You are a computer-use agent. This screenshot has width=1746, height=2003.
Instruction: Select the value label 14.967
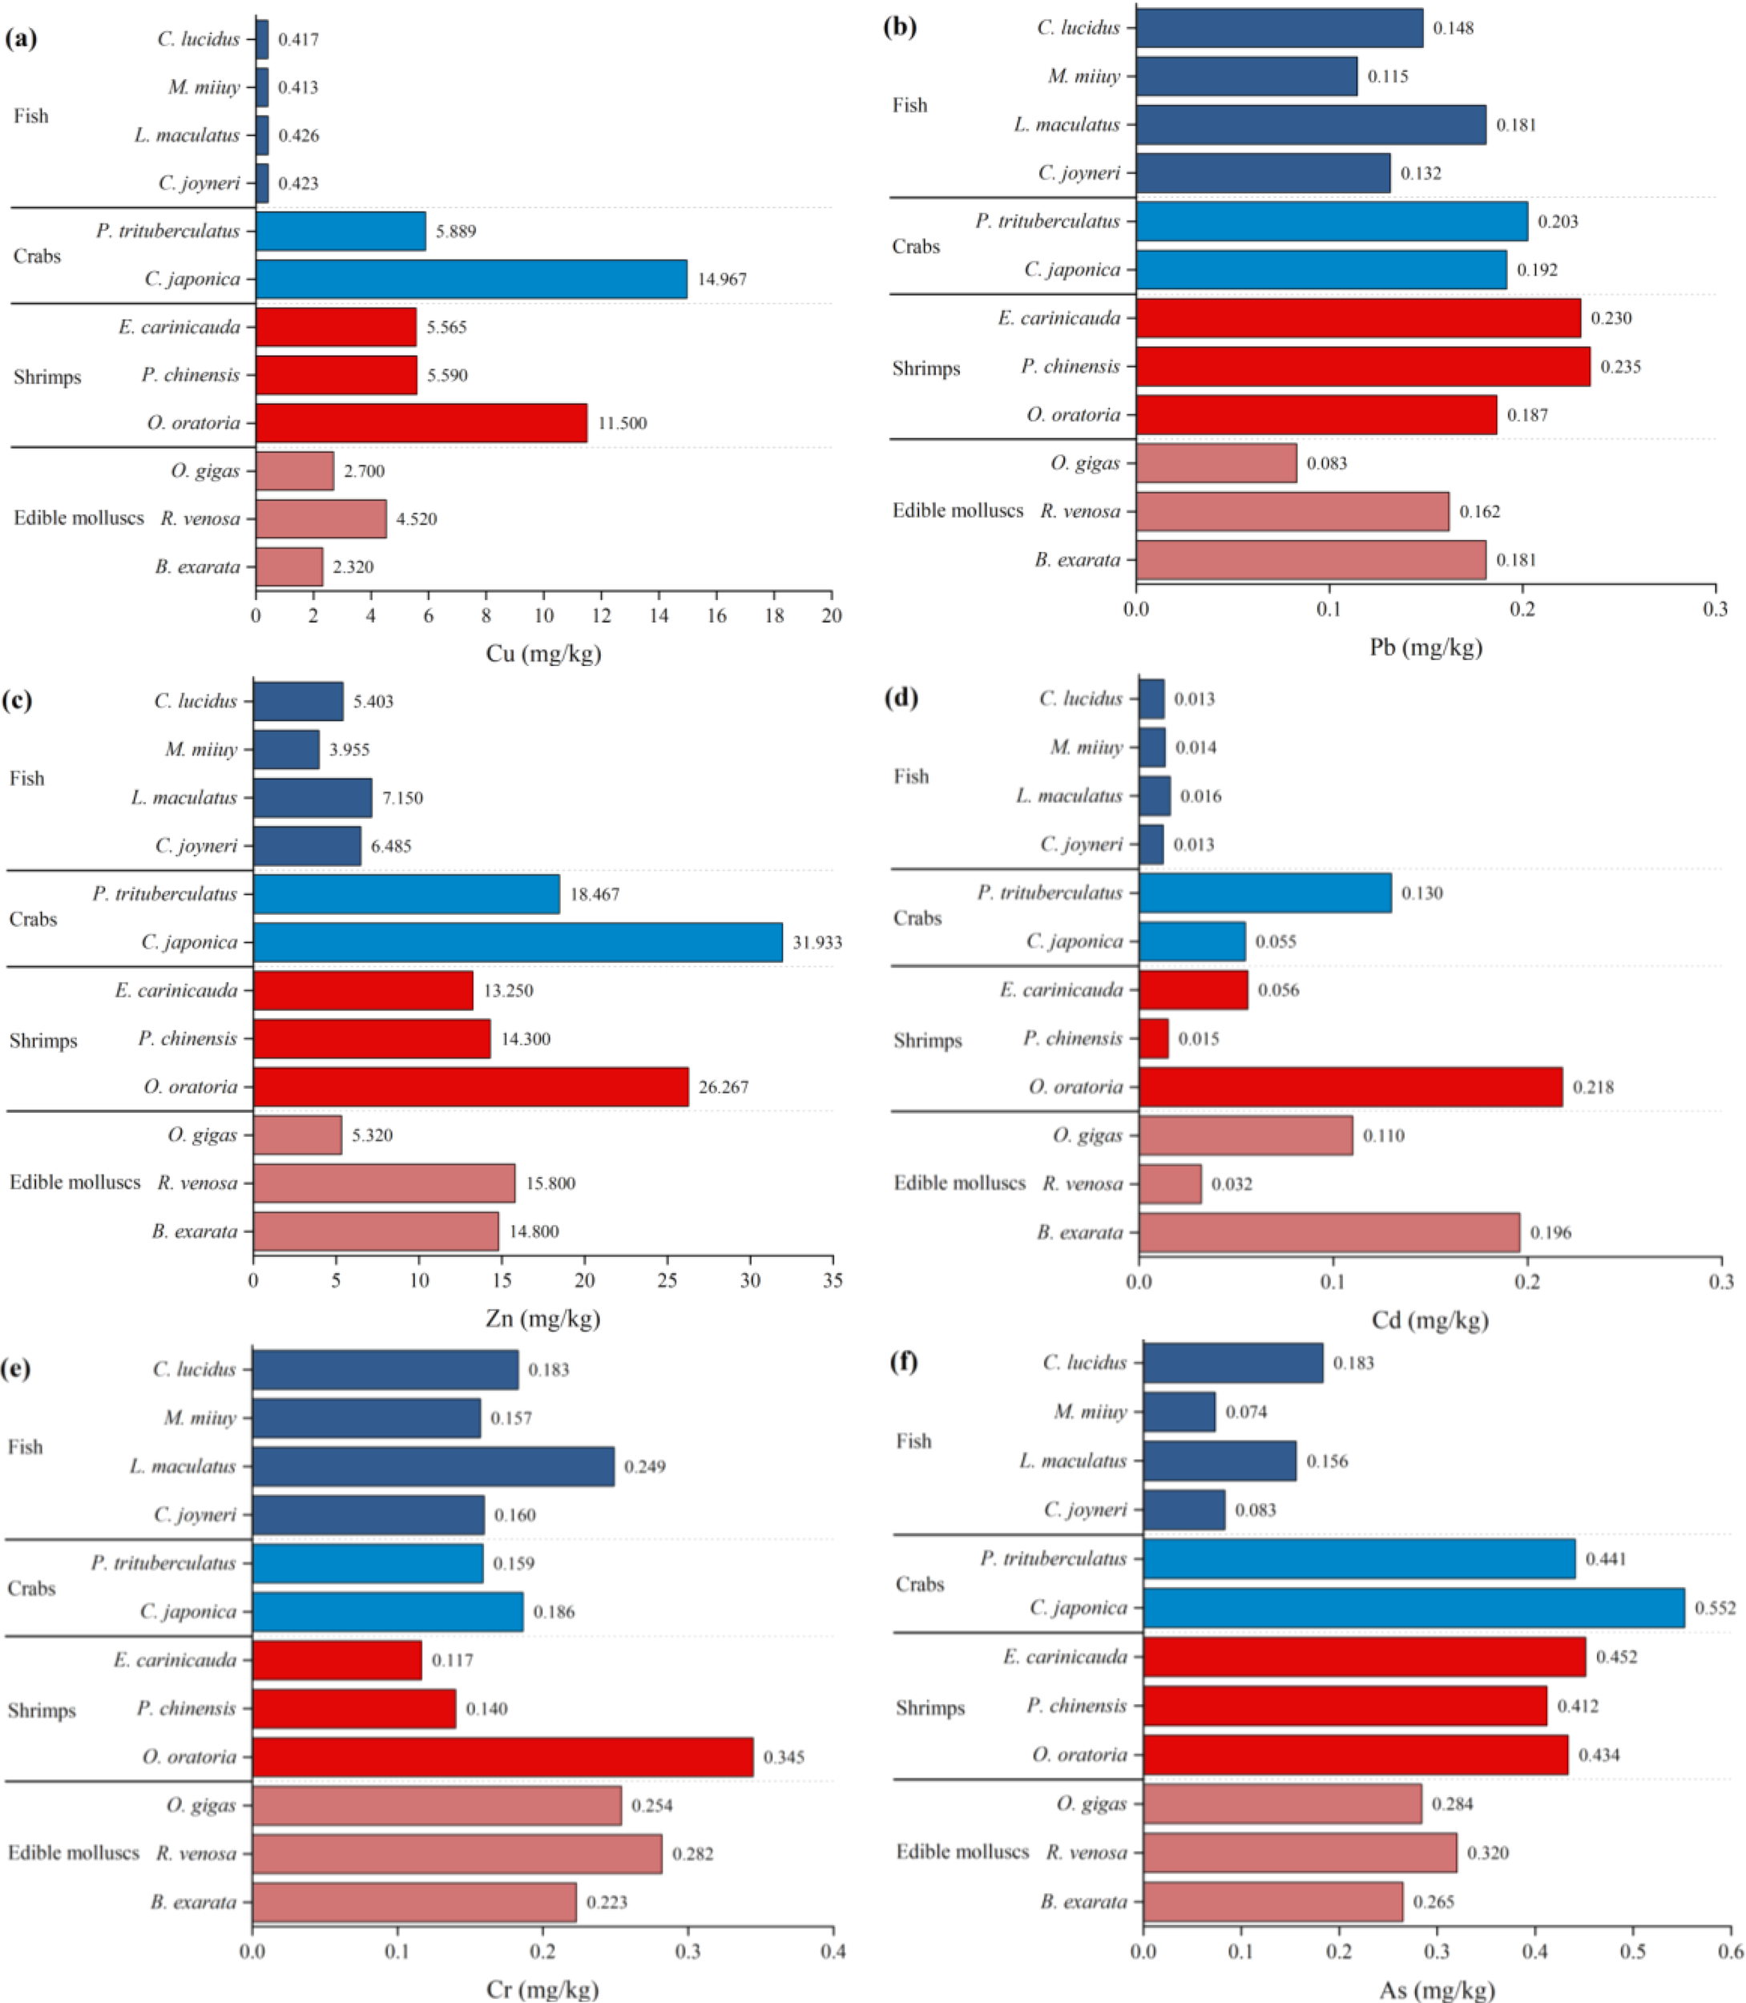tap(722, 280)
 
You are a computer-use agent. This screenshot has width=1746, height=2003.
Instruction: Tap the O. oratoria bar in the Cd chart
tap(1349, 1086)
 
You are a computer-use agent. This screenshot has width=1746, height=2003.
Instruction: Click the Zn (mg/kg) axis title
tap(542, 1318)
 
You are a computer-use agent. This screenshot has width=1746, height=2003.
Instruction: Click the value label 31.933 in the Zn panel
tap(817, 942)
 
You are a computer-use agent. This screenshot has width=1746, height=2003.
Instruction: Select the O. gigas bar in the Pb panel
tap(1216, 463)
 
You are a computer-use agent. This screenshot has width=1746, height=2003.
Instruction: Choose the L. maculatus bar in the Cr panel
tap(433, 1466)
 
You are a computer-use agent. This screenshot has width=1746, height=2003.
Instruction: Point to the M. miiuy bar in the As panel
tap(1179, 1412)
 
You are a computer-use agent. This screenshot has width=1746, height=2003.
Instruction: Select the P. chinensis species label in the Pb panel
tap(1070, 366)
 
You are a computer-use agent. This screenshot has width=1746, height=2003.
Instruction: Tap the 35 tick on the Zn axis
tap(833, 1281)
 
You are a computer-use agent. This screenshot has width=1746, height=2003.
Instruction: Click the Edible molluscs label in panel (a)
tap(78, 518)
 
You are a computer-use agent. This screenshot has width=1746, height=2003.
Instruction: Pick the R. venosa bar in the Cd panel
tap(1169, 1183)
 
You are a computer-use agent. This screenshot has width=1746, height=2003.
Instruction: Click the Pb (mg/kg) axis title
tap(1425, 647)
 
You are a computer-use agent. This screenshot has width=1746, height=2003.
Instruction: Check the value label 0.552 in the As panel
tap(1715, 1607)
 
